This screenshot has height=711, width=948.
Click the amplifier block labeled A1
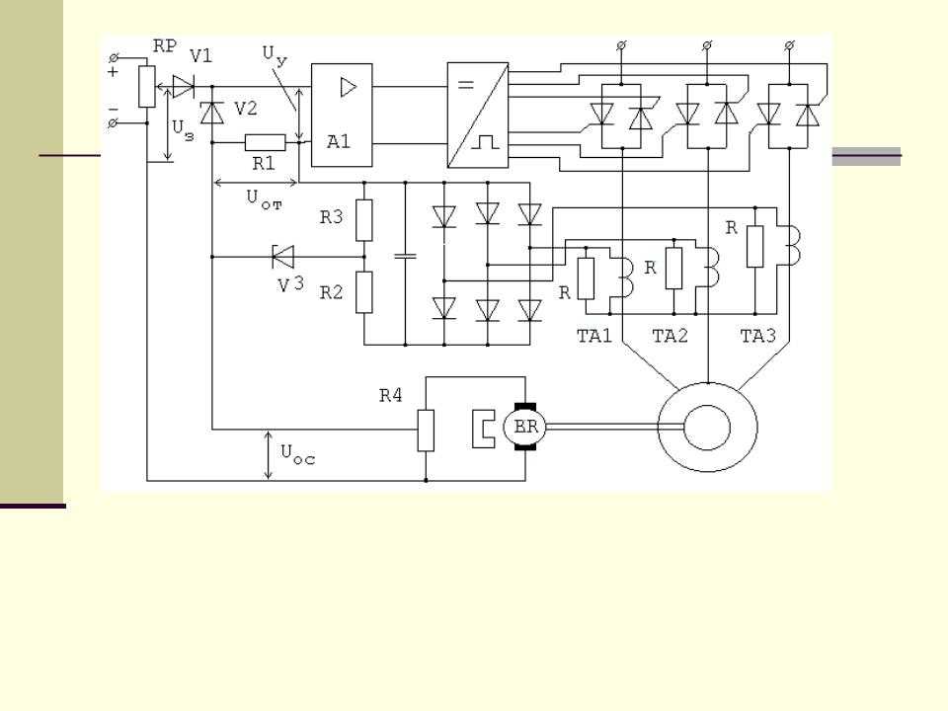point(342,115)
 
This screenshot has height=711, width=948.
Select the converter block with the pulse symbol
point(478,115)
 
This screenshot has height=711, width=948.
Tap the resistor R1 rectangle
point(266,142)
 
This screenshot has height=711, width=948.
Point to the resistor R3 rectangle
point(364,220)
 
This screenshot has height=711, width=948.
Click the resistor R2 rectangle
point(364,292)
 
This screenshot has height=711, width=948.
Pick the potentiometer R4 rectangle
point(426,431)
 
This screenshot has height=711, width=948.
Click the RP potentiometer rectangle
point(147,87)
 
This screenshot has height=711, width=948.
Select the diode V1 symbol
point(184,87)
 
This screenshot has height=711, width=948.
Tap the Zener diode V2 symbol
point(211,113)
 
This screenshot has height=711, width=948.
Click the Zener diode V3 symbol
point(282,257)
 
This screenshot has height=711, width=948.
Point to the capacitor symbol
point(405,257)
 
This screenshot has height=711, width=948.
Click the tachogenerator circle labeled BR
point(524,427)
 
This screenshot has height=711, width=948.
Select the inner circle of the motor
point(707,428)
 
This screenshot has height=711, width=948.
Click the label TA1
point(594,336)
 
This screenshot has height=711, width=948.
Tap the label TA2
point(670,336)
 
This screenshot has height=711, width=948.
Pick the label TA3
point(758,336)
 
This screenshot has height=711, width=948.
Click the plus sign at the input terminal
point(113,72)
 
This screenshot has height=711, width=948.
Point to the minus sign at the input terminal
point(113,110)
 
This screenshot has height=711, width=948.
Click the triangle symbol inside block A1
point(349,88)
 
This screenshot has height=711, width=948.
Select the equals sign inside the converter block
point(465,85)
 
